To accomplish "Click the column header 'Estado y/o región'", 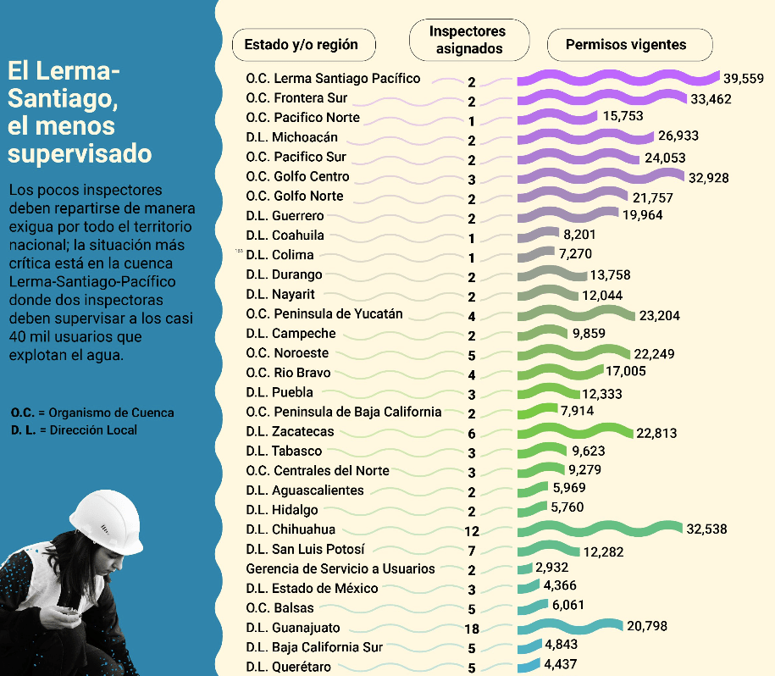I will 301,45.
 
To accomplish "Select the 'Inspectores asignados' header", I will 468,40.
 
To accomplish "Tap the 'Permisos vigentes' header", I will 626,45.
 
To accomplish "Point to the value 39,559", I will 744,79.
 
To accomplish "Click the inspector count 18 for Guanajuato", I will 472,629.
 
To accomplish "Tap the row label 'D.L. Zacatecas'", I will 290,432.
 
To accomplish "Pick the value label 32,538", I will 706,529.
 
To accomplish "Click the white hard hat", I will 105,521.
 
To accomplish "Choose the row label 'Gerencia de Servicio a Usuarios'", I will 340,569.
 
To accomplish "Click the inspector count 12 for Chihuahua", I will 472,531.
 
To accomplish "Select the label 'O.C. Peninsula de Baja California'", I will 343,413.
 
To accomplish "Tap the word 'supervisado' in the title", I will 80,154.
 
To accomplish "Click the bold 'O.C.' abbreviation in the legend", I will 23,413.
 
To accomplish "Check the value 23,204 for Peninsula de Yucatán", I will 660,315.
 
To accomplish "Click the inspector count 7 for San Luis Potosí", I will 472,551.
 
